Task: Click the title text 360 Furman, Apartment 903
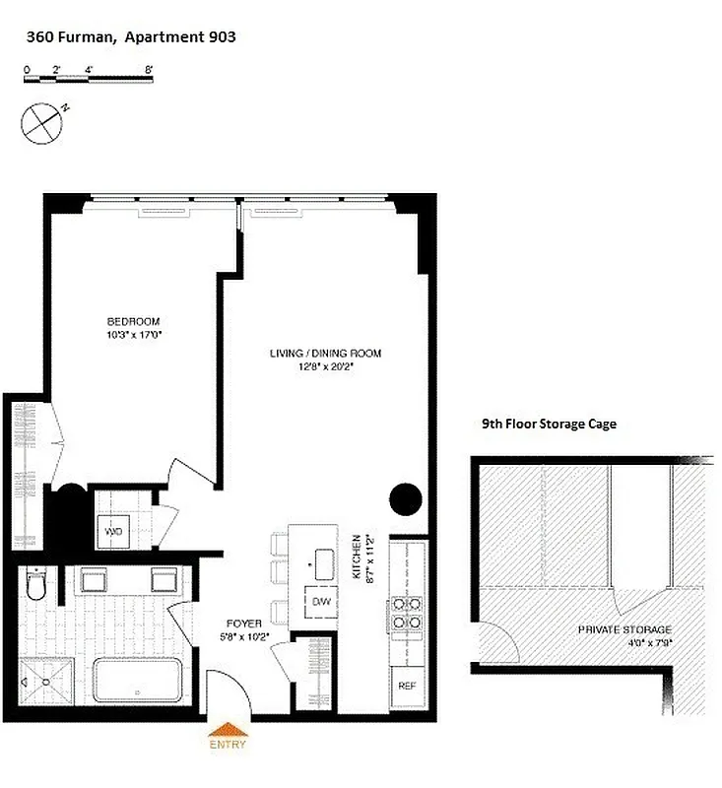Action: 130,37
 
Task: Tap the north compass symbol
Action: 41,124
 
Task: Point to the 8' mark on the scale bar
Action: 149,70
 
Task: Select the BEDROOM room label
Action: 133,322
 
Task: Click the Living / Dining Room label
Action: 326,353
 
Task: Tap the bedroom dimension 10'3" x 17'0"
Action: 133,335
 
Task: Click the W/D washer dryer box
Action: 114,532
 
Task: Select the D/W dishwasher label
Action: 320,601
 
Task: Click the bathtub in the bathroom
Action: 137,680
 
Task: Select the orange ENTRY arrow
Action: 227,731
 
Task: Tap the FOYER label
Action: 243,623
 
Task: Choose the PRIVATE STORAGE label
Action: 624,629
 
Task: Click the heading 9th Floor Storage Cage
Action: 549,425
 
